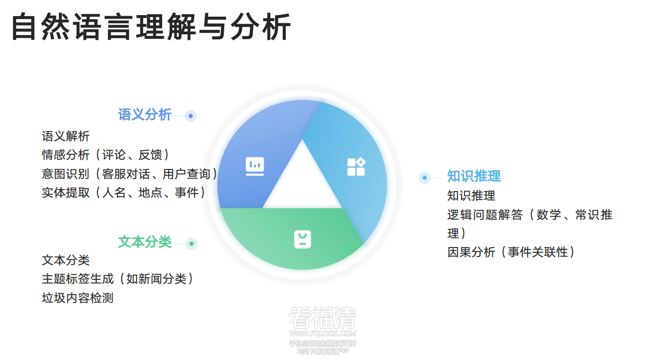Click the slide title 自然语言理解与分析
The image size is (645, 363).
click(x=151, y=27)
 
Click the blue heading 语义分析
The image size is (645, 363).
click(x=145, y=115)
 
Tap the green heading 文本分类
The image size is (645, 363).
click(x=145, y=242)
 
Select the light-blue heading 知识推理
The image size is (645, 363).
click(x=474, y=176)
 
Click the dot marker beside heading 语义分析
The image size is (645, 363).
click(x=190, y=116)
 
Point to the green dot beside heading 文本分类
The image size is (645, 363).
click(x=191, y=244)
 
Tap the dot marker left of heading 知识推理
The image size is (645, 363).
click(x=425, y=177)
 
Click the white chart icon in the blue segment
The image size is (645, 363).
click(x=255, y=166)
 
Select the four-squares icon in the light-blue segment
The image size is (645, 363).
click(x=356, y=166)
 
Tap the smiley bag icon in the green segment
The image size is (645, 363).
click(x=302, y=239)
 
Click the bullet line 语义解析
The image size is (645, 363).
click(x=66, y=136)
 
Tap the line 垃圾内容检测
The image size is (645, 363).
click(x=78, y=298)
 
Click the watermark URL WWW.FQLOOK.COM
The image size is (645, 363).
click(x=322, y=333)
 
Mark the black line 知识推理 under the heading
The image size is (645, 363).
click(x=471, y=196)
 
